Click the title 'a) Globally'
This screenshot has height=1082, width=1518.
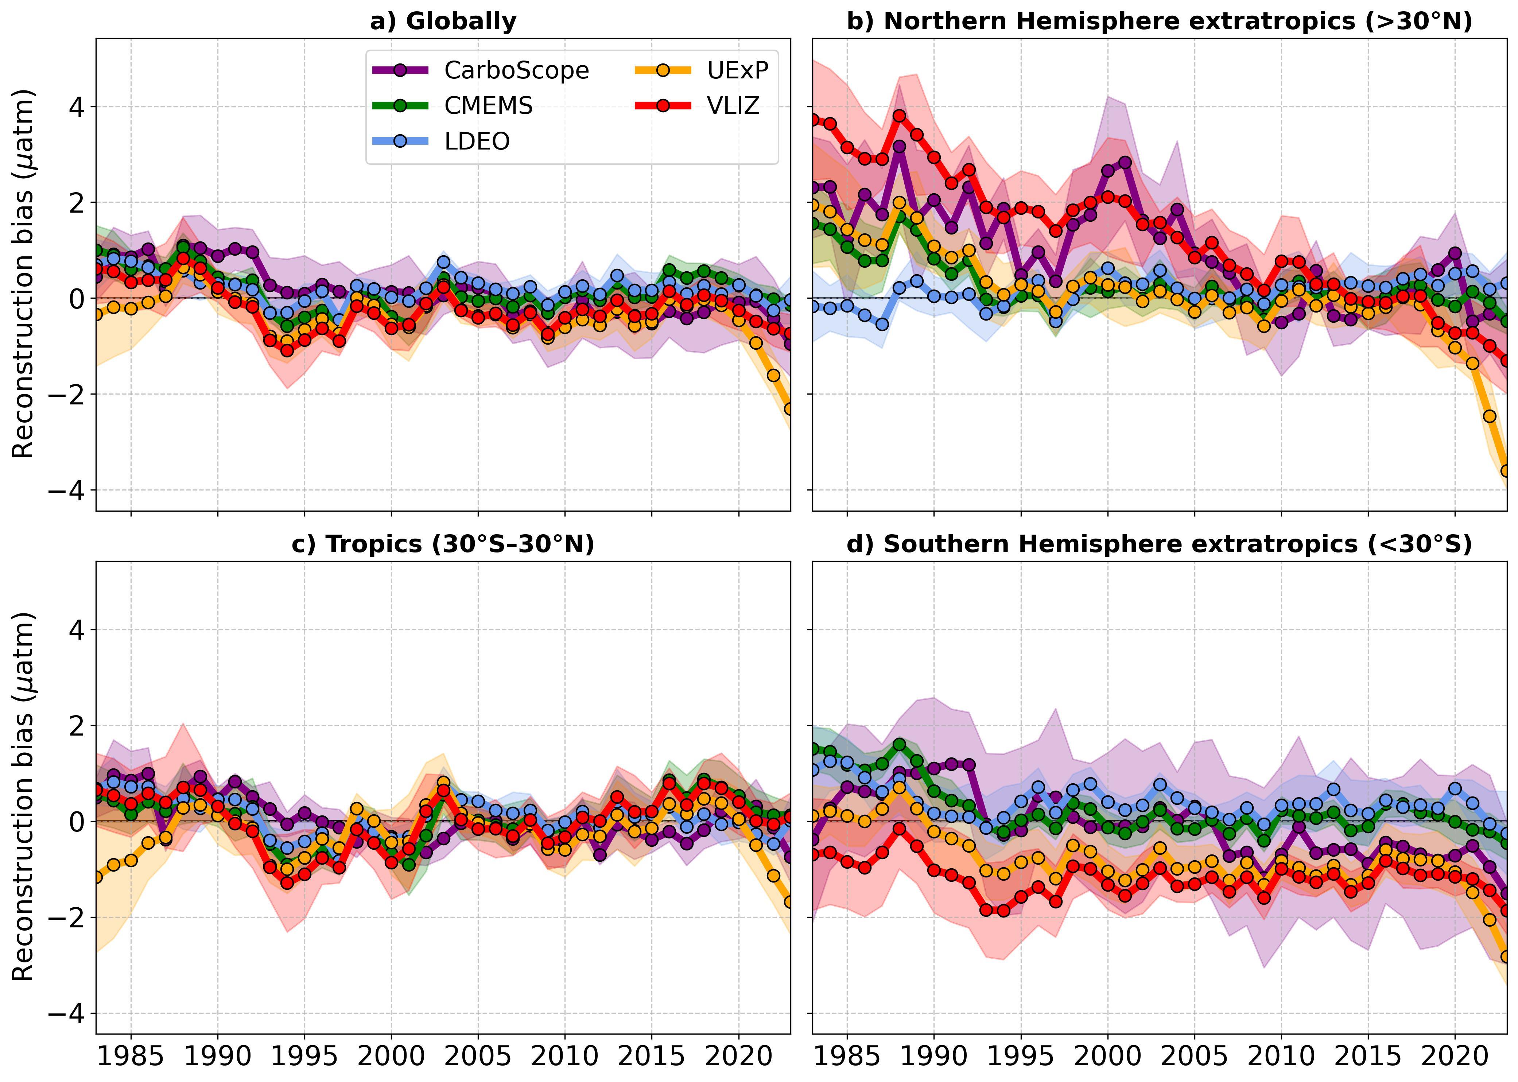click(x=443, y=21)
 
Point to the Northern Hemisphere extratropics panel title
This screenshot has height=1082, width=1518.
click(x=1159, y=21)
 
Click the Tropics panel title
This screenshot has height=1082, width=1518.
click(x=443, y=544)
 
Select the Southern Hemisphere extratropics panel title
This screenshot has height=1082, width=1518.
click(x=1159, y=544)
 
